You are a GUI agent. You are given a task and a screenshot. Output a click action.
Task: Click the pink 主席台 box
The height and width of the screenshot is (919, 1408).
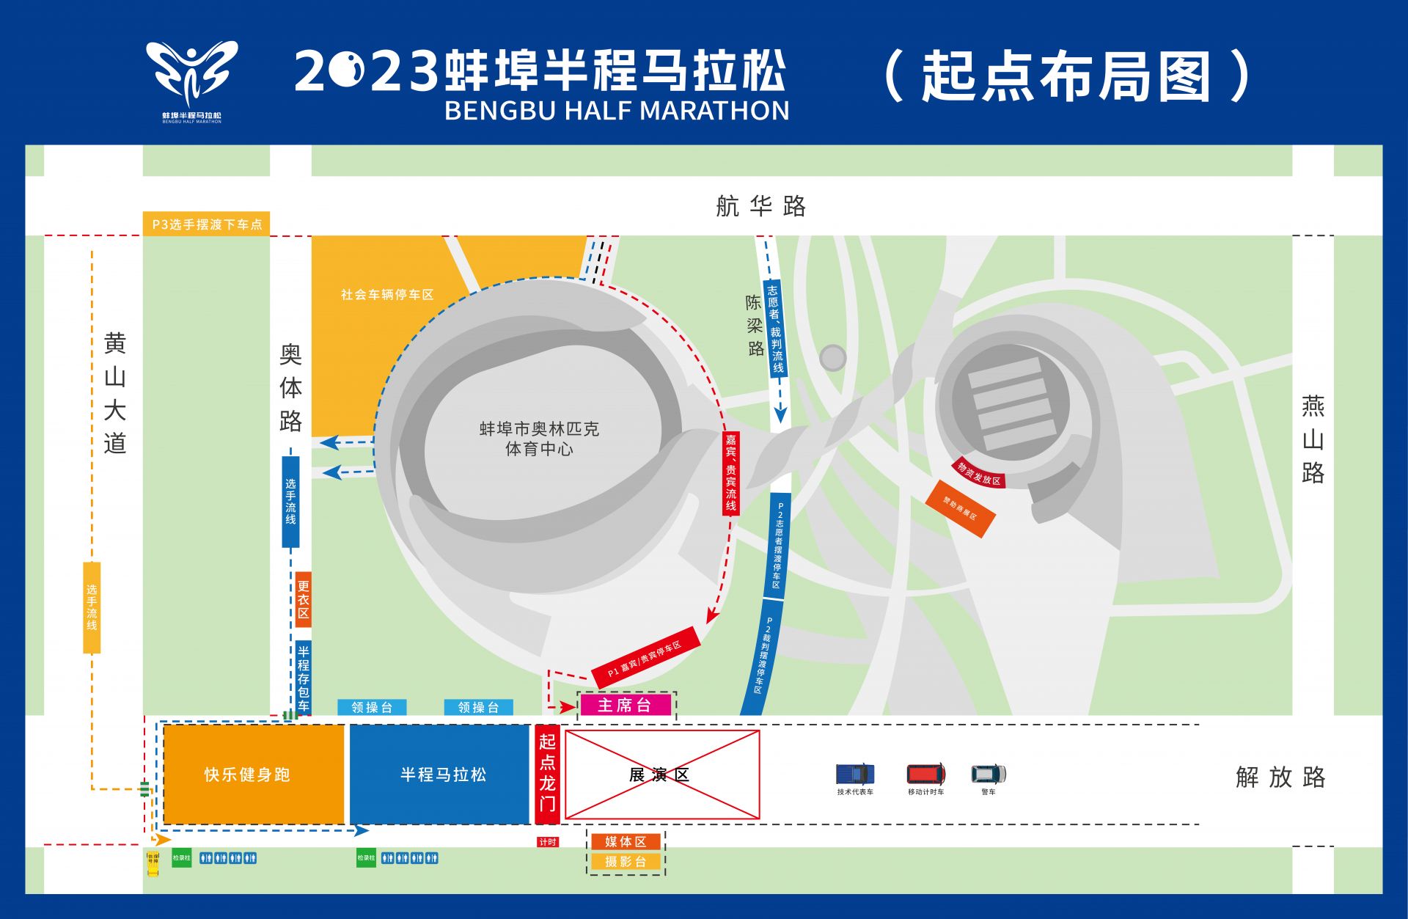pos(624,706)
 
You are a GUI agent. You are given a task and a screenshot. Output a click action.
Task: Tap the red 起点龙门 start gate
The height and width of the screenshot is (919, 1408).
pos(547,773)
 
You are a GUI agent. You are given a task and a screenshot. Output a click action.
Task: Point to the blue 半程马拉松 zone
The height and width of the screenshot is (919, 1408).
pos(439,775)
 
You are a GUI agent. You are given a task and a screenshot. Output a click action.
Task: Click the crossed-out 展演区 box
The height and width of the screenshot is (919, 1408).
pos(661,775)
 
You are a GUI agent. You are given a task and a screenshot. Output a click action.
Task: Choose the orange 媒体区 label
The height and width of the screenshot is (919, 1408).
pos(626,841)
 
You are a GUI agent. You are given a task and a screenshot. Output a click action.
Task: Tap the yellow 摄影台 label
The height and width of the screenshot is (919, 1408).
pos(626,862)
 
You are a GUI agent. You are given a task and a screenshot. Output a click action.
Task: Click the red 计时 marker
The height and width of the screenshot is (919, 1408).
pos(548,842)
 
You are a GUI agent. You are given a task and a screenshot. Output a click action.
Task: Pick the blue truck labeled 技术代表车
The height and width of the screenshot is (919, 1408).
pos(855,774)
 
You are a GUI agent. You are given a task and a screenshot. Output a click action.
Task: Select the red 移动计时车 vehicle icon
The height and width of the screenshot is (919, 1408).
pos(925,774)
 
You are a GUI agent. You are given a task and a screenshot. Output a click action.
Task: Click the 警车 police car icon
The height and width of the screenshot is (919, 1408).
pos(989,774)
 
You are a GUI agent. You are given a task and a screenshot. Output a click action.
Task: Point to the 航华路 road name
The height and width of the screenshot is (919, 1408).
pos(760,206)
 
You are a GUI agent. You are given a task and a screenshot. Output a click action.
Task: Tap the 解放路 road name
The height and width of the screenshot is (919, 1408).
pos(1280,777)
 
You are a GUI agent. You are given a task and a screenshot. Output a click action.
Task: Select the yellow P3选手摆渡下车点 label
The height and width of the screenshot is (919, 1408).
pos(206,224)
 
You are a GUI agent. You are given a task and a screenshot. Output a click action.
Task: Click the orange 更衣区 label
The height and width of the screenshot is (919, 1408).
pos(303,599)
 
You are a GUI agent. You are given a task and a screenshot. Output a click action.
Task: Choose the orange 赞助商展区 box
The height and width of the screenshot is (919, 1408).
pos(960,508)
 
